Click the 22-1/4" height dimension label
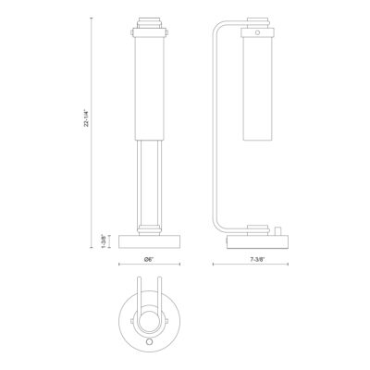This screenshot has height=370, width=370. tap(87, 118)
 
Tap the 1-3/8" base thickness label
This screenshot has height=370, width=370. tap(104, 241)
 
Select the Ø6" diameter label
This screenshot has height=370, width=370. tap(149, 260)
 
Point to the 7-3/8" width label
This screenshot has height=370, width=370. tap(257, 260)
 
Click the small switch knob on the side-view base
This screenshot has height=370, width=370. tap(277, 231)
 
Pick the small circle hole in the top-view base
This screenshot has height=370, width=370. tap(150, 340)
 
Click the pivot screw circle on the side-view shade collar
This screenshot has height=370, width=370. tap(257, 32)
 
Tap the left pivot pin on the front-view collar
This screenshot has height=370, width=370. tap(132, 32)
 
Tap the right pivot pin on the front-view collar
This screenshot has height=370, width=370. tap(167, 32)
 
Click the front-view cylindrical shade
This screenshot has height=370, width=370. tap(150, 88)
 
